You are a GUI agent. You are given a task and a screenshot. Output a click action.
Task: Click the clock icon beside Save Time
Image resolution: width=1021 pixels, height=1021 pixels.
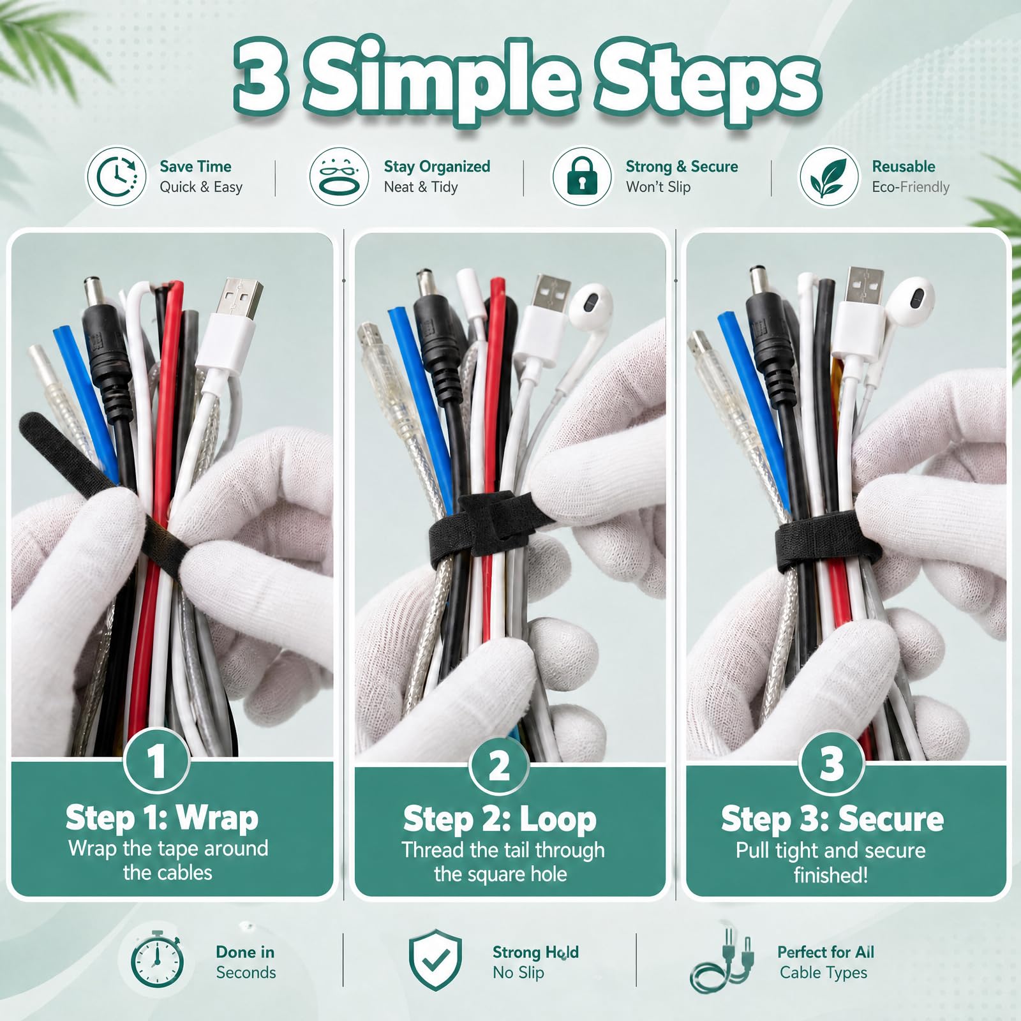(117, 177)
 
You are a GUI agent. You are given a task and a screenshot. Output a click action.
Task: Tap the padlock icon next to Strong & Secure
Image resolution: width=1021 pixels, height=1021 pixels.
(581, 177)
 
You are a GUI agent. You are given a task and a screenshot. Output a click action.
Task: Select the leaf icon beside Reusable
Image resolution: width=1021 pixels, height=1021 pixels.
(828, 177)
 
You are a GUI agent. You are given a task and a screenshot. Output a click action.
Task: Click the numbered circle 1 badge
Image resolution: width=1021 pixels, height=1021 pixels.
(156, 760)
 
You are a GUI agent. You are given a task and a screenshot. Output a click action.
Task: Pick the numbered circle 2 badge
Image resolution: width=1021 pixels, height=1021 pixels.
(499, 764)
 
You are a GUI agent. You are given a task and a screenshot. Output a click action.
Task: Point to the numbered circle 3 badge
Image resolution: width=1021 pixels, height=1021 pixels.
(831, 763)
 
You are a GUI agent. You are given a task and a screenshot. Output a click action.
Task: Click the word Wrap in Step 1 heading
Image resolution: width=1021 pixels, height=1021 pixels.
(217, 817)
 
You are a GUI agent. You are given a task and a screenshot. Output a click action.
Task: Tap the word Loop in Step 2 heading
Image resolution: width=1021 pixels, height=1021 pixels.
(558, 819)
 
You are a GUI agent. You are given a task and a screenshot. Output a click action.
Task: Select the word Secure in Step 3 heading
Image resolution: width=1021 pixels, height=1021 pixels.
(891, 819)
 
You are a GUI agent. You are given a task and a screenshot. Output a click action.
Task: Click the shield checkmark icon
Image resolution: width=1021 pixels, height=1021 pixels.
(435, 960)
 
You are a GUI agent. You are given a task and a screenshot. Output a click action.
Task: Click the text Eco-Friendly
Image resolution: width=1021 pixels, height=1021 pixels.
(911, 188)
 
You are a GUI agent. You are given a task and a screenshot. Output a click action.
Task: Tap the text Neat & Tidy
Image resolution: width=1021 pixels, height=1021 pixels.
(421, 187)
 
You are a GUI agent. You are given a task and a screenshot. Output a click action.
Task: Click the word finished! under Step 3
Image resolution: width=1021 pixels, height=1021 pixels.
(830, 875)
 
